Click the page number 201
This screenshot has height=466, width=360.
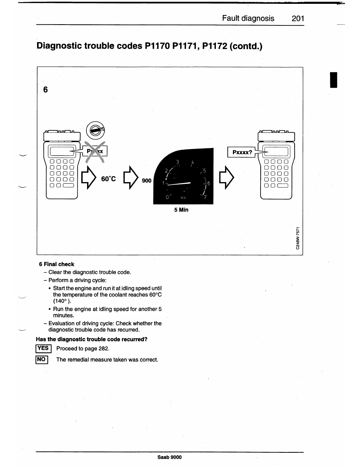pyautogui.click(x=298, y=19)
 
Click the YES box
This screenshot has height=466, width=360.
pyautogui.click(x=43, y=348)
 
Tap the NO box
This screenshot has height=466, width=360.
pyautogui.click(x=42, y=359)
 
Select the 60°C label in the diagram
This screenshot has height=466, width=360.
pyautogui.click(x=109, y=179)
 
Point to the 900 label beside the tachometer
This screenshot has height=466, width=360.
pyautogui.click(x=146, y=181)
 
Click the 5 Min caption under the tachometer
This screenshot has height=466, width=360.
pyautogui.click(x=181, y=210)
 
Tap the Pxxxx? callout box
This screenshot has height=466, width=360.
pyautogui.click(x=242, y=152)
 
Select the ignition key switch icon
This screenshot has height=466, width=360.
pyautogui.click(x=95, y=131)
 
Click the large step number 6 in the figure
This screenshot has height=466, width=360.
pyautogui.click(x=45, y=89)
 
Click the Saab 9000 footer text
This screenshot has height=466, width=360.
pyautogui.click(x=169, y=457)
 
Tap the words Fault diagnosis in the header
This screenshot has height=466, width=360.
pyautogui.click(x=248, y=19)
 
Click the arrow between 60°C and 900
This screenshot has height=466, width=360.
pyautogui.click(x=131, y=177)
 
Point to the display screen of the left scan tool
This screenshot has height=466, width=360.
pyautogui.click(x=62, y=151)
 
